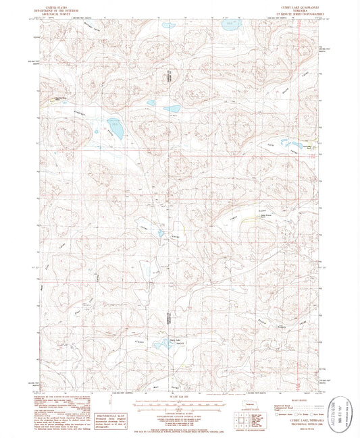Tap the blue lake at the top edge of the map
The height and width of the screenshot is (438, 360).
(x=232, y=25)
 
